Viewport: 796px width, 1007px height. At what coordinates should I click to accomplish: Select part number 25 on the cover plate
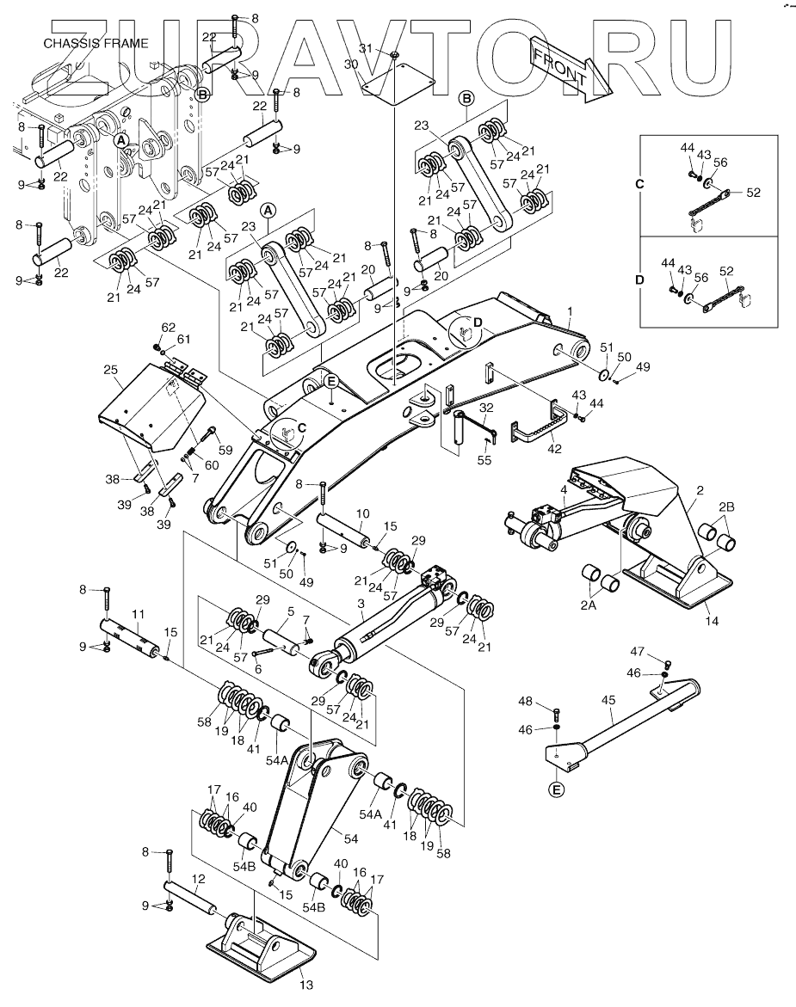(109, 371)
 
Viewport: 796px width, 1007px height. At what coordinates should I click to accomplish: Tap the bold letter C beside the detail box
(639, 184)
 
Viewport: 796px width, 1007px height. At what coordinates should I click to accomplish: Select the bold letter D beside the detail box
(639, 279)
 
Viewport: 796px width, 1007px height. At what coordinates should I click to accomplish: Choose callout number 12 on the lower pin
(198, 880)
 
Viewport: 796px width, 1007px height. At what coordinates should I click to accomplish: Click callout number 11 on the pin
(136, 614)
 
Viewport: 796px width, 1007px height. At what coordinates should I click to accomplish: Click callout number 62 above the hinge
(169, 328)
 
